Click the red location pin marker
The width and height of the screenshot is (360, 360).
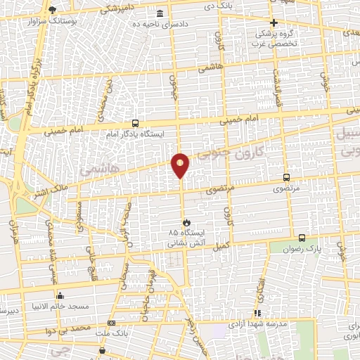[181, 165]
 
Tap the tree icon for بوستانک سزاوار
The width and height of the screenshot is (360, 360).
[53, 10]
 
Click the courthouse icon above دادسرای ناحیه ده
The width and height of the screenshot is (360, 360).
[161, 14]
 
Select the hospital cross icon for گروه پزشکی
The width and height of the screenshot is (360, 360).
[274, 22]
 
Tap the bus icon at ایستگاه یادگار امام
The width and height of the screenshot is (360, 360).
[135, 122]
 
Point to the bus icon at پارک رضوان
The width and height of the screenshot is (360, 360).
[302, 238]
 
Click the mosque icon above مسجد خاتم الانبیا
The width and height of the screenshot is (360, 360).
[60, 295]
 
